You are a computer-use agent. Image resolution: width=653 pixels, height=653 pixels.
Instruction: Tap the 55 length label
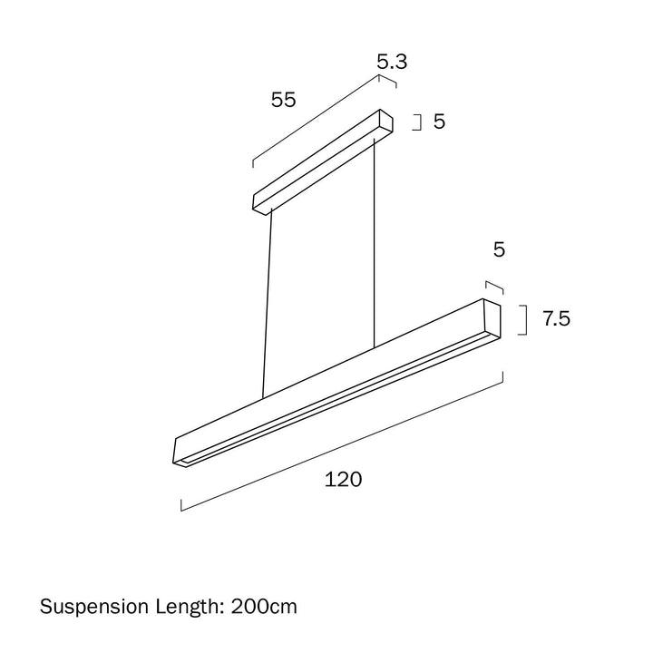(x=283, y=100)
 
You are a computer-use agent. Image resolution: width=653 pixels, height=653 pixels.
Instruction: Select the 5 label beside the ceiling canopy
(x=439, y=122)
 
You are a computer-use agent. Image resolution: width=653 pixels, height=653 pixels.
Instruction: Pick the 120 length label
(x=343, y=480)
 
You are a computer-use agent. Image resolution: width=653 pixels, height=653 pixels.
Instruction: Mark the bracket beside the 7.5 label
(x=522, y=320)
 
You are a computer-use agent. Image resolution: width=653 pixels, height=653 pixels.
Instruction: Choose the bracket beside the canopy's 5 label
(x=419, y=122)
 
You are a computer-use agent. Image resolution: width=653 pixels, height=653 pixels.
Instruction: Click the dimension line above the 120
(x=343, y=443)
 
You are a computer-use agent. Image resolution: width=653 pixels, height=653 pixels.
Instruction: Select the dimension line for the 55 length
(x=316, y=122)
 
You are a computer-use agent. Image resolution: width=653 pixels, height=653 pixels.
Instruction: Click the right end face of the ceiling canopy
(x=385, y=124)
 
